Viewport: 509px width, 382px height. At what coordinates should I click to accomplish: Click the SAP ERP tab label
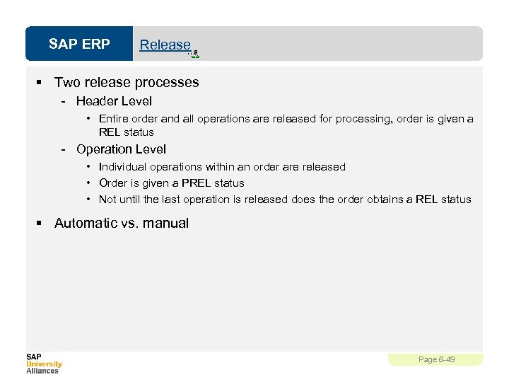click(79, 44)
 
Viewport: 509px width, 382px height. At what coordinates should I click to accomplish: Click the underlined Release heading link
click(165, 45)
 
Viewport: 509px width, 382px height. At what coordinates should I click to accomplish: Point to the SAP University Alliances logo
click(44, 363)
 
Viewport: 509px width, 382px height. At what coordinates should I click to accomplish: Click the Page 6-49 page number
click(436, 359)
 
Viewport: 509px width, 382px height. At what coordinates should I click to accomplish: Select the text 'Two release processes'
click(127, 82)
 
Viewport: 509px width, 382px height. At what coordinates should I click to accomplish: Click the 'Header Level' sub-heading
click(114, 101)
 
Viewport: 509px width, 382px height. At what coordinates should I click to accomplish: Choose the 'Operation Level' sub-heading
click(121, 149)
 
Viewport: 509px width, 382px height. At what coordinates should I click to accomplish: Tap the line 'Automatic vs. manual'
click(122, 223)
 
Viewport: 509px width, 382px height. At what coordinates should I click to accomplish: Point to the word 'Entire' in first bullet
click(113, 119)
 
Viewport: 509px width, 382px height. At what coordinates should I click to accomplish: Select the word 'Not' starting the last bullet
click(107, 199)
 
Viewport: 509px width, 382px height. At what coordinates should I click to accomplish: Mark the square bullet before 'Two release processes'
click(40, 83)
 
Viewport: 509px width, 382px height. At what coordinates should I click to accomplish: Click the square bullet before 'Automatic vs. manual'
click(40, 224)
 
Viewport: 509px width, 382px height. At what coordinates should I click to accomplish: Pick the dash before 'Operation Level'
click(64, 149)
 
